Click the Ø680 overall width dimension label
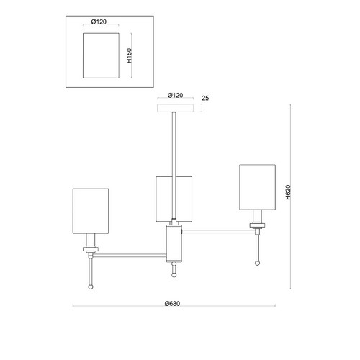[172, 304]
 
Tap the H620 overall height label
[288, 192]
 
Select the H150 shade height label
[130, 55]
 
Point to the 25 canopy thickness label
[205, 98]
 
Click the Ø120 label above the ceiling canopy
[175, 96]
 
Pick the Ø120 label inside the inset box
[99, 22]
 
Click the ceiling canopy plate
[176, 108]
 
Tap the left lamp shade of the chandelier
[91, 211]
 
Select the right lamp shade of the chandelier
[257, 187]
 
